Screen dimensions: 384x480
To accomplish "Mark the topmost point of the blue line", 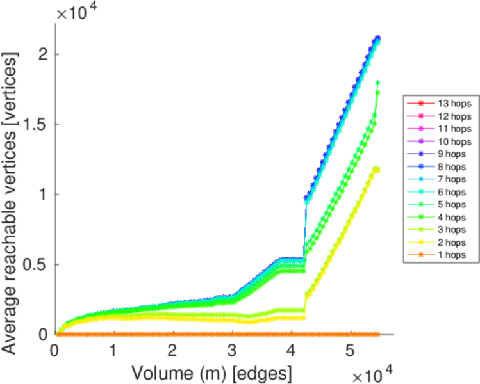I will (x=378, y=38).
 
